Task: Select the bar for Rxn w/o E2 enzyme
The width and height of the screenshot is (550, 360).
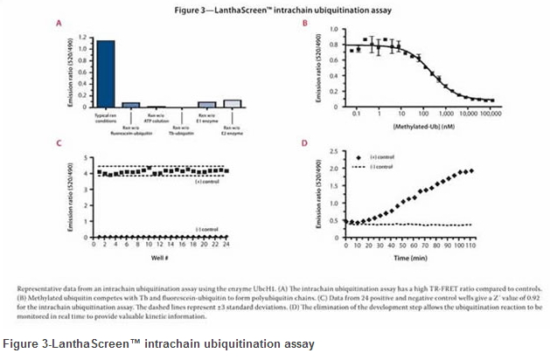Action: pyautogui.click(x=233, y=103)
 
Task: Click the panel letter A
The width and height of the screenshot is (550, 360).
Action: pyautogui.click(x=58, y=27)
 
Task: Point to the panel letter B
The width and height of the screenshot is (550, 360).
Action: pyautogui.click(x=303, y=27)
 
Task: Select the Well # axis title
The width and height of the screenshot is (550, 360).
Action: pyautogui.click(x=160, y=256)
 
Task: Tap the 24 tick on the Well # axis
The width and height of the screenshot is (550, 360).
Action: pyautogui.click(x=226, y=246)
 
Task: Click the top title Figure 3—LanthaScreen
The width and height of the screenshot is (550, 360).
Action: pyautogui.click(x=275, y=10)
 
